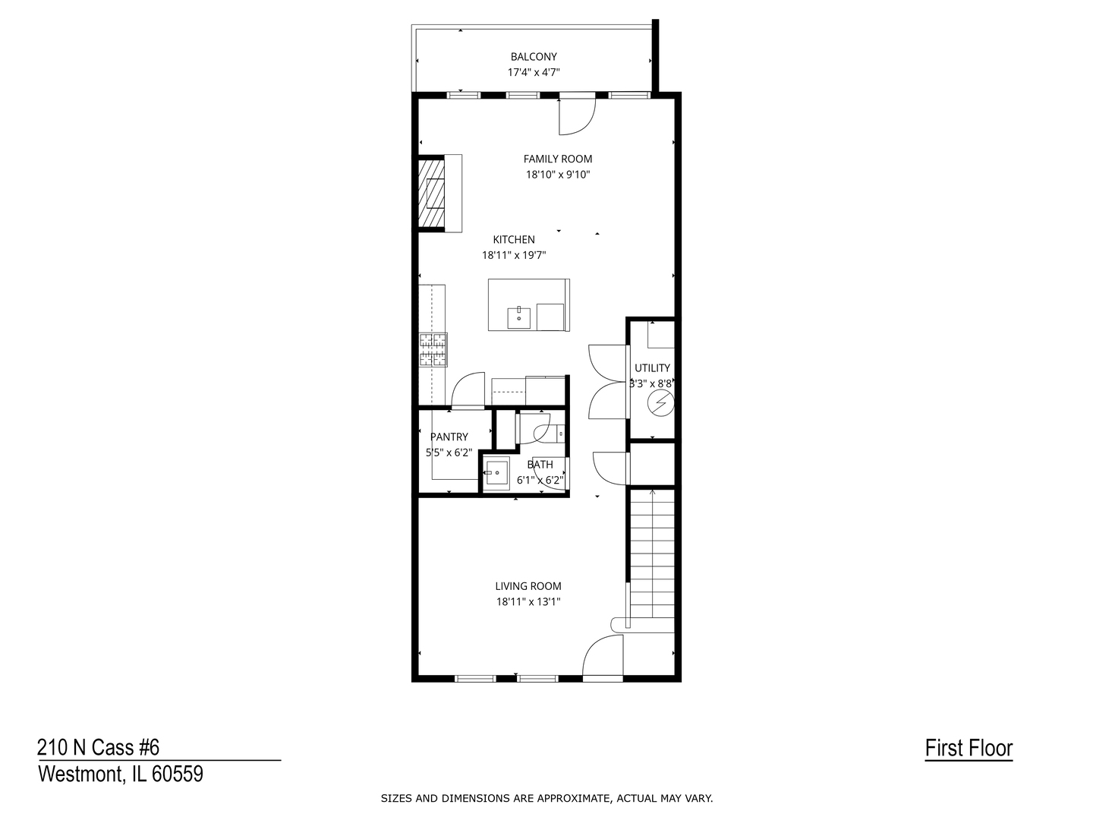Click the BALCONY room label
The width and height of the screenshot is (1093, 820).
534,57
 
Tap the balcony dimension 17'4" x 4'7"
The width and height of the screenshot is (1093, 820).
534,73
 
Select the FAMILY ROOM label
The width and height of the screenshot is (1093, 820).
558,159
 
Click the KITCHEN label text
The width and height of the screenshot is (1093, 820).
514,239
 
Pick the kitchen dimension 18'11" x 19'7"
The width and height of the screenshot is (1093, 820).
514,255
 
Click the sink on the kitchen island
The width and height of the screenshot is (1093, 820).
520,314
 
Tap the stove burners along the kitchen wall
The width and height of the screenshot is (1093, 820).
433,350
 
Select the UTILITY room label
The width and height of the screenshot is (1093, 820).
652,368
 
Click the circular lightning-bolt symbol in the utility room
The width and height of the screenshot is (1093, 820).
660,403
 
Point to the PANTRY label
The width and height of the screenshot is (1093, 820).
449,437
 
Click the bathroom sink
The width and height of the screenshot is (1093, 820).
497,474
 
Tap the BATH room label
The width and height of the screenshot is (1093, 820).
540,465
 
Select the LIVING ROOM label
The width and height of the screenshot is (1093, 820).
528,586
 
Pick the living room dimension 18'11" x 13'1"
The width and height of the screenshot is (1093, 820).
528,602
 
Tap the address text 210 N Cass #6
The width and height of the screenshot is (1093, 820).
99,748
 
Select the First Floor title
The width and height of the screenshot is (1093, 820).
969,749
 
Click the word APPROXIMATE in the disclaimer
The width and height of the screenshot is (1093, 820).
574,798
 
